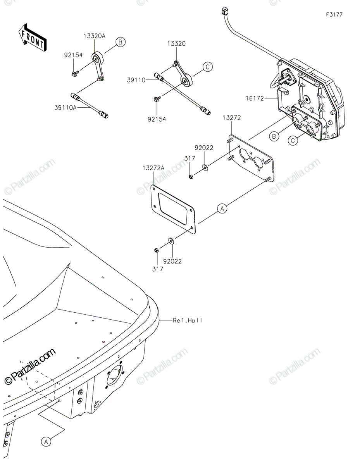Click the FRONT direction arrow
pyautogui.click(x=33, y=37)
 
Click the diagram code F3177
pyautogui.click(x=334, y=15)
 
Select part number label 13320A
pyautogui.click(x=94, y=36)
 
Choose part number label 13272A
pyautogui.click(x=153, y=168)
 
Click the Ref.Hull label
pyautogui.click(x=188, y=320)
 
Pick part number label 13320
pyautogui.click(x=176, y=44)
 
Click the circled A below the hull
pyautogui.click(x=46, y=441)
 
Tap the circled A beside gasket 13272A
pyautogui.click(x=222, y=208)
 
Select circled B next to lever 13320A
pyautogui.click(x=120, y=42)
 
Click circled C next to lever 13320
pyautogui.click(x=207, y=67)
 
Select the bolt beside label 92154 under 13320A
pyautogui.click(x=75, y=72)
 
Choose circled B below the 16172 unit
pyautogui.click(x=274, y=136)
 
